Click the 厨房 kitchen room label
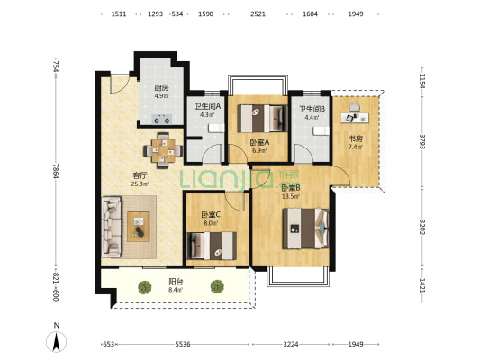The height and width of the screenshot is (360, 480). click(161, 88)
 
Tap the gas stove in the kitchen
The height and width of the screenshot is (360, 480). click(162, 120)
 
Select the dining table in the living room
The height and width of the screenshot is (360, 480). click(163, 150)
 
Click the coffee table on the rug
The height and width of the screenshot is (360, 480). click(138, 226)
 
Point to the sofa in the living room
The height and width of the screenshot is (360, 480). click(112, 227)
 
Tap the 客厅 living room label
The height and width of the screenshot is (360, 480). click(140, 175)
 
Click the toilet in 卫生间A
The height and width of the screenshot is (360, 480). click(216, 128)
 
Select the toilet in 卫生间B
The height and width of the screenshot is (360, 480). click(321, 130)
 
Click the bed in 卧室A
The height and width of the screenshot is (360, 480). click(263, 119)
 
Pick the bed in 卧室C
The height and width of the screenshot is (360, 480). click(212, 246)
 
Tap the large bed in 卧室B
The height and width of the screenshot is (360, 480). click(306, 229)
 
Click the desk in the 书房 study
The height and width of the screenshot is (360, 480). click(355, 118)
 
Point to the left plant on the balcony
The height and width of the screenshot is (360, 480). click(145, 287)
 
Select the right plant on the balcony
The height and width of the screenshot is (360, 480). click(217, 286)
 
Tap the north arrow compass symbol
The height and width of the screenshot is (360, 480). click(57, 342)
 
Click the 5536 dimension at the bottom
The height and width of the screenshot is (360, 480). click(183, 344)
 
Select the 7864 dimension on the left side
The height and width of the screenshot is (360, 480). click(56, 171)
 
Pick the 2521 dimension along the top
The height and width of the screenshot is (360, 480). click(258, 13)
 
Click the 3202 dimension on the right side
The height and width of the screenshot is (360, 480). click(421, 227)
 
